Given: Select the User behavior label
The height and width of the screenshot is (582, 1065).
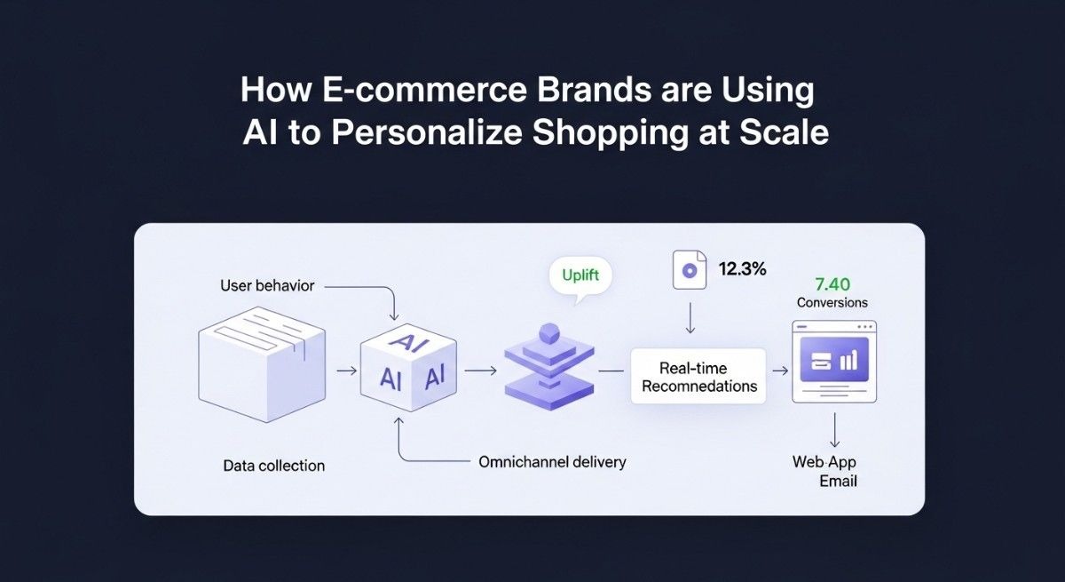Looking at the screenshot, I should [x=267, y=286].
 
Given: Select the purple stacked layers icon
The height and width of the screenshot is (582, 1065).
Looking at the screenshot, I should [x=548, y=370].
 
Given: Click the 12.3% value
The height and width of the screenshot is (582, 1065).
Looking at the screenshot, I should [x=742, y=268].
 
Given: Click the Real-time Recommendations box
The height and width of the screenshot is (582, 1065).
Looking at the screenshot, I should [x=698, y=377].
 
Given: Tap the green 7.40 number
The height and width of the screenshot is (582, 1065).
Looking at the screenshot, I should [x=832, y=283].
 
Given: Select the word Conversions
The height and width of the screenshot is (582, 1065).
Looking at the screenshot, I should [x=832, y=302].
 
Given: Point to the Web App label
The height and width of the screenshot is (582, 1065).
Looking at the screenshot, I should [x=824, y=462].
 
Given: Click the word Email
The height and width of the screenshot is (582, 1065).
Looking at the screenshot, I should [x=839, y=481].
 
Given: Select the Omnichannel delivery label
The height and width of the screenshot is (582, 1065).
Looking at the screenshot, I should [x=551, y=462].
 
